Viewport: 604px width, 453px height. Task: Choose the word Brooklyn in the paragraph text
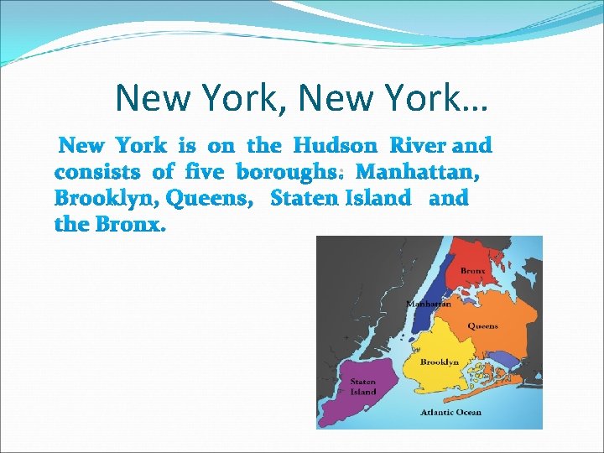coord(106,200)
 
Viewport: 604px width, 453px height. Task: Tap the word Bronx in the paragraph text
coord(130,226)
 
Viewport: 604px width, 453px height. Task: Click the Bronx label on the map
coord(472,271)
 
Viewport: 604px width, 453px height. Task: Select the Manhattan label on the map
coord(428,304)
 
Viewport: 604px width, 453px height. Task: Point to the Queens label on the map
coord(482,325)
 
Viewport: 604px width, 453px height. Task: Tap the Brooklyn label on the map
coord(439,362)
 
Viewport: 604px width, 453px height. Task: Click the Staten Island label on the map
coord(363,387)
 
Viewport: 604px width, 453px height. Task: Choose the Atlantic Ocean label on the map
coord(451,412)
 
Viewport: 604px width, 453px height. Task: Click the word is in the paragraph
coord(186,146)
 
